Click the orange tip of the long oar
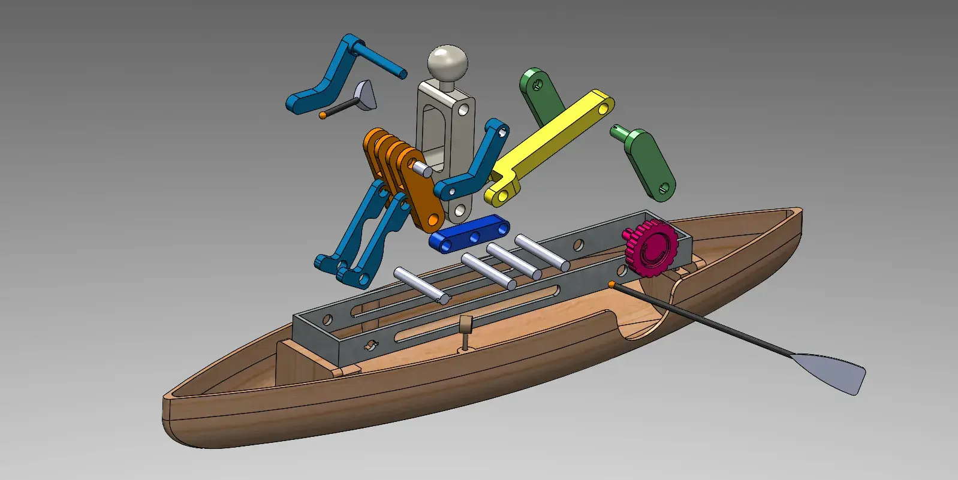pos(611,284)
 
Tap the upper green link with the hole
pos(540,96)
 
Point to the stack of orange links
pos(402,174)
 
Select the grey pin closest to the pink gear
pos(542,252)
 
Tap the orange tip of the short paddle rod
pos(323,114)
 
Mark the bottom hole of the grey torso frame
pos(460,211)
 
